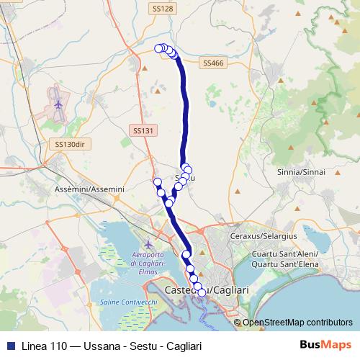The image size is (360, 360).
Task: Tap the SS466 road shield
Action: coord(214,63)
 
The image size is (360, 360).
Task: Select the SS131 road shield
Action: coord(143,130)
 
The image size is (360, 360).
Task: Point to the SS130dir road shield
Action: coord(70,144)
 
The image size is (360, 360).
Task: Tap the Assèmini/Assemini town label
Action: coord(90,189)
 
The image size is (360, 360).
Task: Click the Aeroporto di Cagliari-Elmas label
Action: coord(150,259)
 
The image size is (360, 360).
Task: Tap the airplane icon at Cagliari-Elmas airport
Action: coord(149,243)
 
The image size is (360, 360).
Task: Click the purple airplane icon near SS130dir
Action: coord(57,105)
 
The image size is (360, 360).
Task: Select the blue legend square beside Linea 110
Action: coord(9,346)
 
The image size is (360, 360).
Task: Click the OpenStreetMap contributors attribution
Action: coord(297,323)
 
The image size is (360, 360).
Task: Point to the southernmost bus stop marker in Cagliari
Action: coord(202,292)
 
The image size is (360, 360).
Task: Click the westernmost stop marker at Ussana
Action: coord(159,48)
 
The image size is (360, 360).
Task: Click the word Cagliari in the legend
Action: coord(183,346)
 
